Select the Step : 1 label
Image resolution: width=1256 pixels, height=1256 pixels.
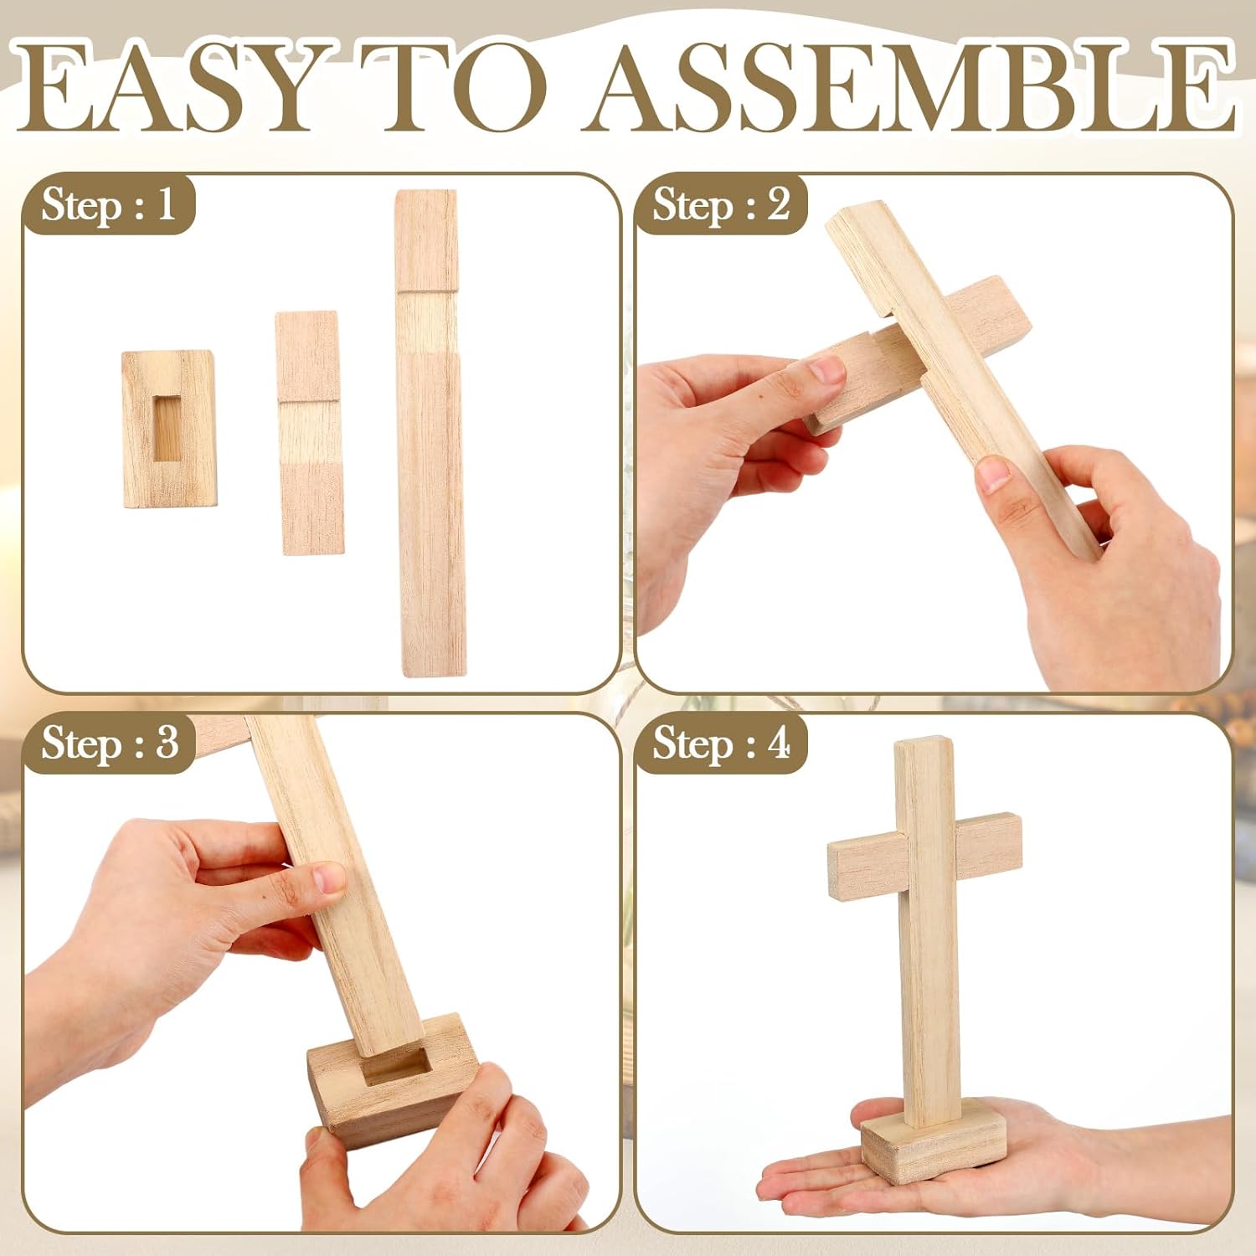[x=109, y=205]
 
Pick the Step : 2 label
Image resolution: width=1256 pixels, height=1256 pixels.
[x=721, y=205]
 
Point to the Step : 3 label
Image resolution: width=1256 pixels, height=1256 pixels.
[x=110, y=743]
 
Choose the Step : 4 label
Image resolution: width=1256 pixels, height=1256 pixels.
[x=721, y=743]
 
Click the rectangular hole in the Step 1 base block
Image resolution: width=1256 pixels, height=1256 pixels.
[x=168, y=428]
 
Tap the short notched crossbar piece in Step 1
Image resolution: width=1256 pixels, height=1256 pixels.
[x=309, y=433]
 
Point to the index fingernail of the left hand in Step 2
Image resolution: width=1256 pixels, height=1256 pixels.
[x=827, y=368]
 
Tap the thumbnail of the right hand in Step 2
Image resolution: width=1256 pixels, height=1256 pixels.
[x=994, y=473]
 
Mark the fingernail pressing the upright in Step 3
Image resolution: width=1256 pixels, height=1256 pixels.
[x=329, y=878]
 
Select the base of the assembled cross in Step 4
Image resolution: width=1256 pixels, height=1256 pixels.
[x=934, y=1143]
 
